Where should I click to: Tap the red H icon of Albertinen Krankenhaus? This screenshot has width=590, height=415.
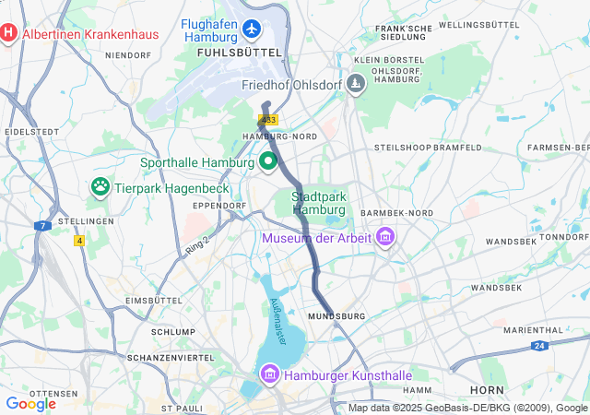[x=8, y=34]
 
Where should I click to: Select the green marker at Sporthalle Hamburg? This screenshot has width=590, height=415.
[x=269, y=162]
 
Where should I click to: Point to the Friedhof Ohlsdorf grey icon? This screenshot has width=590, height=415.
[x=357, y=84]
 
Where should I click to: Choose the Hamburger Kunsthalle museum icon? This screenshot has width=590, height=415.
[x=270, y=374]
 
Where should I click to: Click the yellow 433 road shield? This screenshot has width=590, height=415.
[x=268, y=120]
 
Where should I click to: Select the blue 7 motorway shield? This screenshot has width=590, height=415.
[x=42, y=225]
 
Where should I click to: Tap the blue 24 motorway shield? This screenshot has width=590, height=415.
[x=540, y=346]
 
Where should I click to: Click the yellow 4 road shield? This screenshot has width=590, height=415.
[x=79, y=241]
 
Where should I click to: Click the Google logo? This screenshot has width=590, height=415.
[x=31, y=403]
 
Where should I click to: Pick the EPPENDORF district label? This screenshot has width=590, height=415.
[x=218, y=205]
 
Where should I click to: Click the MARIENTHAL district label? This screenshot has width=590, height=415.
[x=533, y=329]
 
